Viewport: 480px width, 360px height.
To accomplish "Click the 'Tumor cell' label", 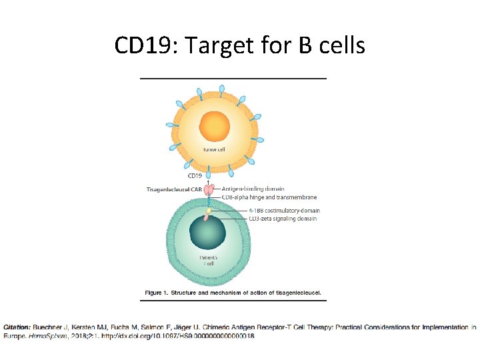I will [x=213, y=149].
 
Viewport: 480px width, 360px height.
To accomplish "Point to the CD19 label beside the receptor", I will [x=195, y=176].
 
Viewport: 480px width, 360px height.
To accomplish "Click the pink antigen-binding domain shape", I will [x=210, y=190].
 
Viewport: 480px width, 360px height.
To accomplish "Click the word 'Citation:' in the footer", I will [x=17, y=327].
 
